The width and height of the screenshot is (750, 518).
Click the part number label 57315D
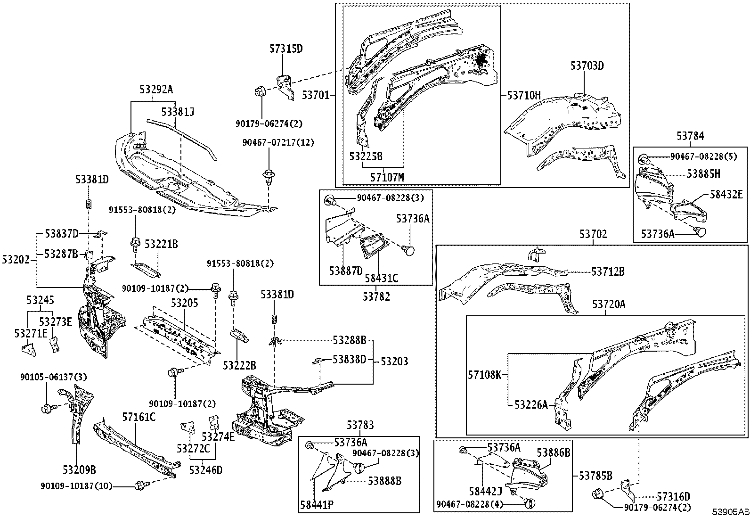285,49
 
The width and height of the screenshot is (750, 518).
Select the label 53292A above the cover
156,89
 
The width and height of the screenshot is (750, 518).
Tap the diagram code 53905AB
730,512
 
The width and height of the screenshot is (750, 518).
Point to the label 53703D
587,66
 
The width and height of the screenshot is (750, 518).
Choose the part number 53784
690,136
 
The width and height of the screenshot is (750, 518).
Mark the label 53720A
609,304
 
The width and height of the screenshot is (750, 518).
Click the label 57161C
139,417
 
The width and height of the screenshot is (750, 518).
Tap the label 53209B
79,469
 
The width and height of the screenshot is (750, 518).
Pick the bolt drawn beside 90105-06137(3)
47,408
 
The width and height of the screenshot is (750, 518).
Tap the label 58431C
381,279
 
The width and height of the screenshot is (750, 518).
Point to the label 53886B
553,453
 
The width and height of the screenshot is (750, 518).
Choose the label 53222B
239,365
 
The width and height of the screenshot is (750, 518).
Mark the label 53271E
31,333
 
